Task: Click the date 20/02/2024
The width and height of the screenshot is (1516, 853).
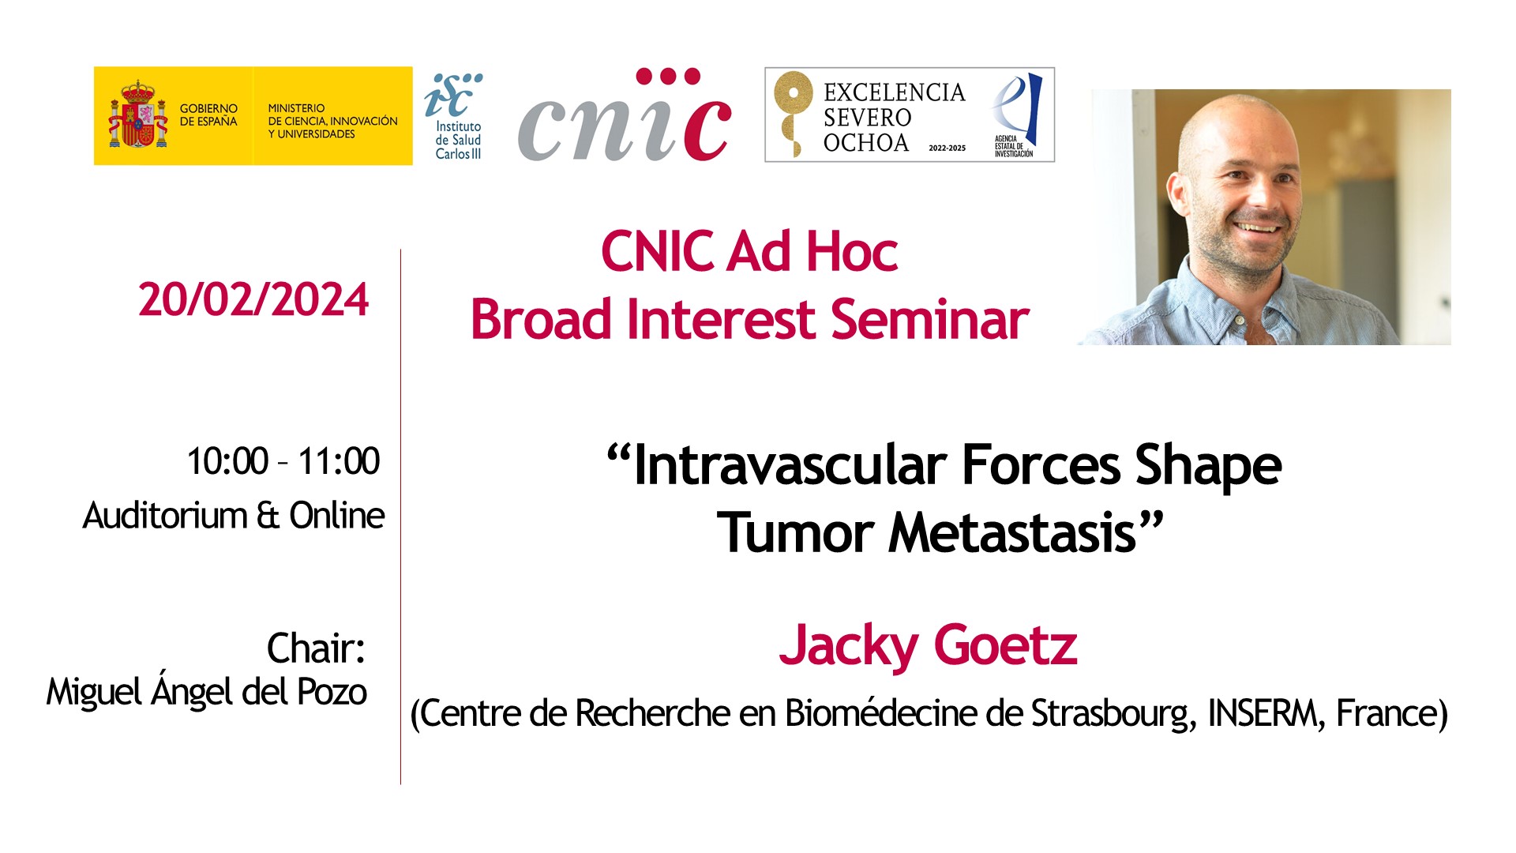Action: tap(253, 299)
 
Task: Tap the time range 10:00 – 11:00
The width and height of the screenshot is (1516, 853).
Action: tap(283, 461)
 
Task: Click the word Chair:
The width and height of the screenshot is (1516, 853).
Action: tap(316, 648)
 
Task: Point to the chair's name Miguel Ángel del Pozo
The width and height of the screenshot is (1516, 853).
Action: tap(207, 692)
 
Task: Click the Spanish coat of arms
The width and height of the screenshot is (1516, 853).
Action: tap(138, 115)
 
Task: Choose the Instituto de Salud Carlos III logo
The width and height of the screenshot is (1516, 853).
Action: tap(454, 117)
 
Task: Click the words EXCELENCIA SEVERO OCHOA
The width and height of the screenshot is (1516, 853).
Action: tap(894, 118)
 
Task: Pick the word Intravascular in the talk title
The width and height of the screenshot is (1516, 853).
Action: tap(790, 465)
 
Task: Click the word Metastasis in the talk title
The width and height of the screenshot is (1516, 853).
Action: tap(1011, 533)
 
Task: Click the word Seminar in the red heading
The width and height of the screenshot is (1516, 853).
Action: tap(930, 320)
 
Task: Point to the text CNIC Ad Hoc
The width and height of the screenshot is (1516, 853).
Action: tap(749, 252)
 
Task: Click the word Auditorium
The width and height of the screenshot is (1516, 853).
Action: tap(166, 516)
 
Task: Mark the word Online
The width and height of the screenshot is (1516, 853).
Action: tap(337, 516)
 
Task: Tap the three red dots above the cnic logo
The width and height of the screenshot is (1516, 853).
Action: tap(668, 77)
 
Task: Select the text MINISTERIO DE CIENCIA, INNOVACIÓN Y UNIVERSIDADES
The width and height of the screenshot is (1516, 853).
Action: tap(332, 121)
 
